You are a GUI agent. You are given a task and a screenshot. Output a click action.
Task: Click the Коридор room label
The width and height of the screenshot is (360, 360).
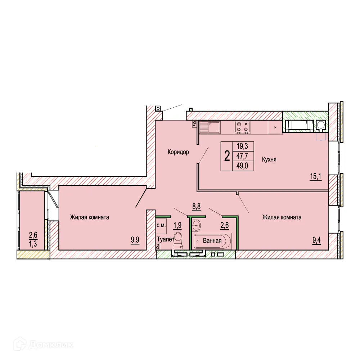tap(178, 152)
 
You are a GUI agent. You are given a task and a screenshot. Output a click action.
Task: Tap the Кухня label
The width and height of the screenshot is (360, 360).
tap(269, 159)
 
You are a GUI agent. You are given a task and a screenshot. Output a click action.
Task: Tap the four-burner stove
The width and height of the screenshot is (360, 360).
tap(242, 127)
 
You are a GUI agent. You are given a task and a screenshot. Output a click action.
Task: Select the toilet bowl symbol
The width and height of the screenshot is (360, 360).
tap(179, 240)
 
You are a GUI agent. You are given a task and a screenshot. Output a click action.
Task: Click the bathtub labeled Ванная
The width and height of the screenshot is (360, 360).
tap(212, 241)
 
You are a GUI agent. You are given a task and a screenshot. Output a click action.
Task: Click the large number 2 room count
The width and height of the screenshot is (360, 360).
tap(227, 156)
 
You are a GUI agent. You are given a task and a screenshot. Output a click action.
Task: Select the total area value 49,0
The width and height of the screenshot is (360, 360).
tap(243, 166)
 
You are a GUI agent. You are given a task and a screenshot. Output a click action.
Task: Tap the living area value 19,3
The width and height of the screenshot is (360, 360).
tap(243, 147)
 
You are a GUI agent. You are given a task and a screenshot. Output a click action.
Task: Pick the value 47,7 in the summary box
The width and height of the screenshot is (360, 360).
tap(243, 156)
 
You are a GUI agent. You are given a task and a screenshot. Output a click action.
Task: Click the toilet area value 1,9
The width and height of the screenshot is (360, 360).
tap(177, 225)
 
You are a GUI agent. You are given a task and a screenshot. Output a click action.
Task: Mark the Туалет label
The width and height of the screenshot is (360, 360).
tap(165, 239)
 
